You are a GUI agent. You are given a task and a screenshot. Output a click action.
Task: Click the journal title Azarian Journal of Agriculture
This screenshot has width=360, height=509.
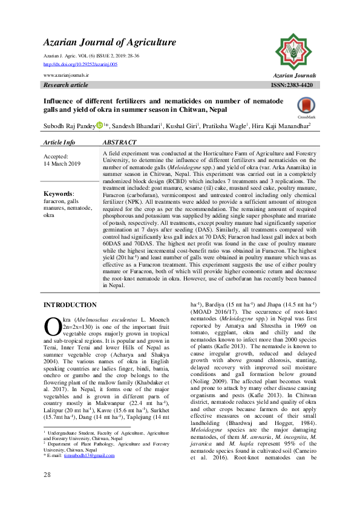tap(110, 42)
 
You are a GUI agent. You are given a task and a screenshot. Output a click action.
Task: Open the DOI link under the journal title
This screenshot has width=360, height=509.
tap(81, 63)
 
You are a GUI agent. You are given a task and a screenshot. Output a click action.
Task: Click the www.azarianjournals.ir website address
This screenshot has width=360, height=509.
tap(67, 74)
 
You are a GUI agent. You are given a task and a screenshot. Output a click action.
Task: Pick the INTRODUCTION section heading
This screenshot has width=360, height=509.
tap(70, 305)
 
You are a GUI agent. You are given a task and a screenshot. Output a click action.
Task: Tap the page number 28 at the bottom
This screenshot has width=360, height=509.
tap(47, 491)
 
